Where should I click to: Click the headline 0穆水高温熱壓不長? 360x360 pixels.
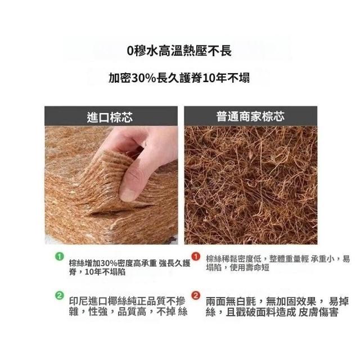pos(179,51)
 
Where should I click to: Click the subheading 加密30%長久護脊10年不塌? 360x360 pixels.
pos(179,78)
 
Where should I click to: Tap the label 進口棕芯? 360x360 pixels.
pos(110,117)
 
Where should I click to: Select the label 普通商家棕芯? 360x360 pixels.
pos(250,116)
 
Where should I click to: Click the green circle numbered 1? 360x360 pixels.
pos(60,256)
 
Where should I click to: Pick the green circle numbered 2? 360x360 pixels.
pos(60,295)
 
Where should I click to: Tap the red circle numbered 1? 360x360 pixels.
pos(196,256)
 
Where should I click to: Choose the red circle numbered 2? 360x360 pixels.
pos(196,295)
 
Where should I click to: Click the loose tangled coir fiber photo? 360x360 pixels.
pos(251,185)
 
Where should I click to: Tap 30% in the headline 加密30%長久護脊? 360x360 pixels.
pos(143,78)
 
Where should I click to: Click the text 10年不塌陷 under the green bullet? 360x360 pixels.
pos(105,272)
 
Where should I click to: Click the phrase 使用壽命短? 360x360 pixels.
pos(249,268)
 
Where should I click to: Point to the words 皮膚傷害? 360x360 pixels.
pos(318,312)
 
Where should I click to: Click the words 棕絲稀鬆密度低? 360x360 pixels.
pos(234,259)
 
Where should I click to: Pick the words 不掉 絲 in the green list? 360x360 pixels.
pos(172,312)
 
